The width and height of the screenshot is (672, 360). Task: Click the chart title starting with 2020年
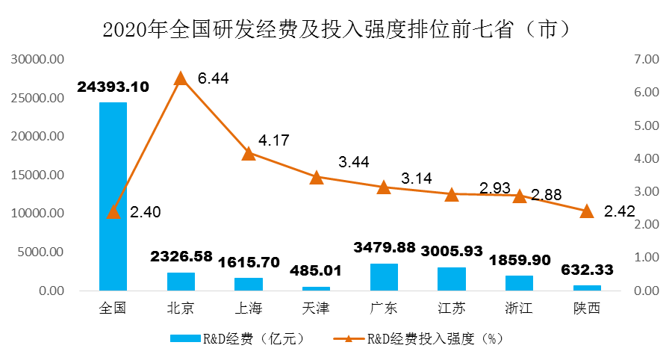(x=336, y=29)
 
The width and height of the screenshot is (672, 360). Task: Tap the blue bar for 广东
(x=384, y=277)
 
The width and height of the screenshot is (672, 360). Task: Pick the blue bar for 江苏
(x=452, y=279)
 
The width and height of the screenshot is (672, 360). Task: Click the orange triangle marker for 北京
(x=181, y=78)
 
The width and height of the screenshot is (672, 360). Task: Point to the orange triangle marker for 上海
(x=249, y=154)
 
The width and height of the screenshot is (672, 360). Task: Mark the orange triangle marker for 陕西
(x=587, y=211)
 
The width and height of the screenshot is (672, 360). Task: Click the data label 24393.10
(x=113, y=87)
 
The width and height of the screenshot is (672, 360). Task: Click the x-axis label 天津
(x=316, y=308)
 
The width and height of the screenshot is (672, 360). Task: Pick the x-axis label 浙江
(x=519, y=308)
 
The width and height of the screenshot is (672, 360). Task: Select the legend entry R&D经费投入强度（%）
(x=429, y=338)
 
